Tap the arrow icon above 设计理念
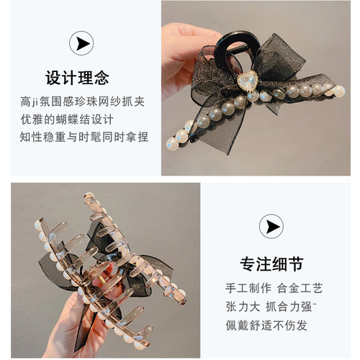click(x=81, y=44)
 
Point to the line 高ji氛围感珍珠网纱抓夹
click(x=81, y=102)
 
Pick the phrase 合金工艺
click(x=300, y=288)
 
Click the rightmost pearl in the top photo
click(x=338, y=91)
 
